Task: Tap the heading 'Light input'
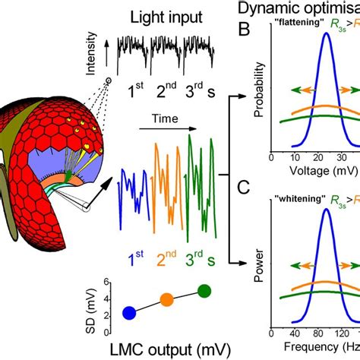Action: click(166, 16)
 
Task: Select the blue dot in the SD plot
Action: click(130, 312)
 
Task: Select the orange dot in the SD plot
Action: click(167, 299)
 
